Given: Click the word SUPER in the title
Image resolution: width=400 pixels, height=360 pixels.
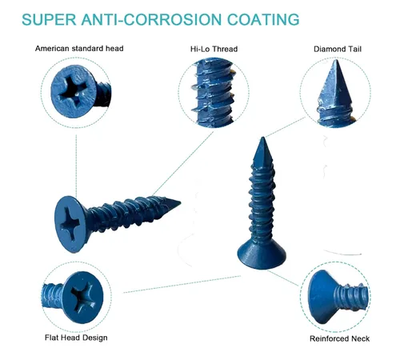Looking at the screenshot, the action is point(49,19).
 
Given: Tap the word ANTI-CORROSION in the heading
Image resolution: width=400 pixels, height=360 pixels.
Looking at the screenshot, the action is point(151,19).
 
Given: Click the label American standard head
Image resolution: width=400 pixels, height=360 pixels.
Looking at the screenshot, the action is point(79,49).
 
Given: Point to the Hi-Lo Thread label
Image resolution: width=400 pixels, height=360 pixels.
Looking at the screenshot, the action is point(214,49).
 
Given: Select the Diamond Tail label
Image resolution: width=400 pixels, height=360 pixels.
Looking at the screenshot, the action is point(338,49).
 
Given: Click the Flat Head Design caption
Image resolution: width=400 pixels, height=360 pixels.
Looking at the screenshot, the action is point(76,338).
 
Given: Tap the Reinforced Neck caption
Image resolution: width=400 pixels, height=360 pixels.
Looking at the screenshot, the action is point(339,338).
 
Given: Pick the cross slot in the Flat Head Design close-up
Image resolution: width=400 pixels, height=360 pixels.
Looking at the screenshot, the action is point(84,297).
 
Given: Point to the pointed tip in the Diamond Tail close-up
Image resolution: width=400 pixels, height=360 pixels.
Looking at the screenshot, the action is point(335,60).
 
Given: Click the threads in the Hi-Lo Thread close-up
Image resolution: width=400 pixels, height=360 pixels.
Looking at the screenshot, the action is point(214,94).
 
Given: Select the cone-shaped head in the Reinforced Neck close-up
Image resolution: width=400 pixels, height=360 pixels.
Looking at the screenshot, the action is point(322,297).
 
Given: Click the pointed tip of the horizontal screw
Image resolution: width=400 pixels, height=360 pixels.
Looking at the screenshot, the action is point(180,202).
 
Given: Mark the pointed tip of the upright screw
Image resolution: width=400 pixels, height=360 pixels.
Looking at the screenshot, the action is point(263,138).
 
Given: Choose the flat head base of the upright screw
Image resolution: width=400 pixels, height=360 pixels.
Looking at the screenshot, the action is point(262,254).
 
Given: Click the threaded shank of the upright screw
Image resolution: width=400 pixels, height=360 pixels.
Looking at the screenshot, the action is point(262,198).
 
